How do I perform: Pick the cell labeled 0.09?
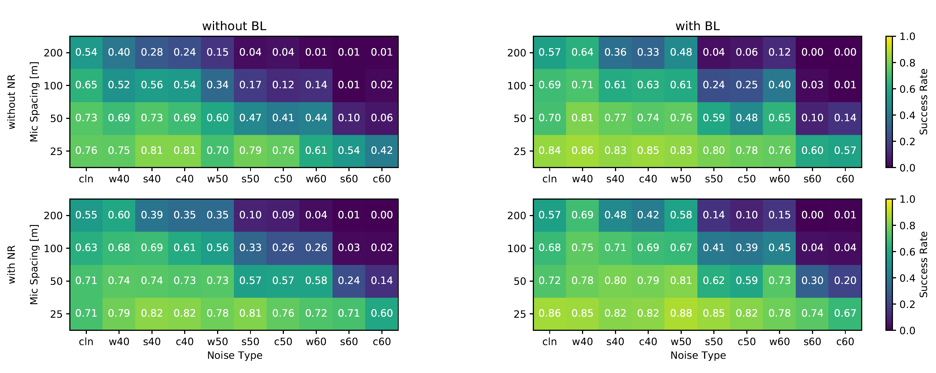point(283,215)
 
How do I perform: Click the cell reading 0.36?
point(615,52)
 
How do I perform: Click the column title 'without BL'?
point(234,26)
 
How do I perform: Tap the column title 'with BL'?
point(697,26)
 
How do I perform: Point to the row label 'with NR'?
point(12,264)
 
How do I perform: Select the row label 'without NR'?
point(12,102)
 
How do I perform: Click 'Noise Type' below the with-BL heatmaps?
point(698,355)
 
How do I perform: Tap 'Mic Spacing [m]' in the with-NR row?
point(34,264)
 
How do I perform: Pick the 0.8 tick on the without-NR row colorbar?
point(907,63)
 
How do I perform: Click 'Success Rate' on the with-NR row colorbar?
point(923,264)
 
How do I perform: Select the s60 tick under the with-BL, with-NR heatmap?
point(812,342)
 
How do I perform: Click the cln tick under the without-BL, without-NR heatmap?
point(86,179)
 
